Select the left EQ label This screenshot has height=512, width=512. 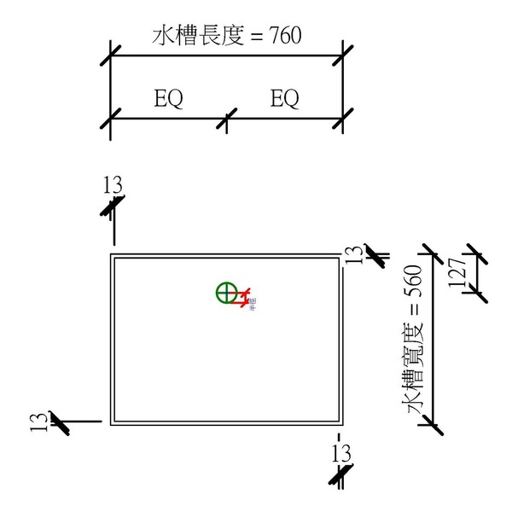coord(168,100)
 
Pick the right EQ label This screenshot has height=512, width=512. coord(285,100)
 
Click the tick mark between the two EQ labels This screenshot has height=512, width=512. coord(226,119)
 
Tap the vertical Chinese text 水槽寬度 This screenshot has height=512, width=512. coord(416,376)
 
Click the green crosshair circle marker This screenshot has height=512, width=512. coord(225,294)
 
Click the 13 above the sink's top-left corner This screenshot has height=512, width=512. coord(113,184)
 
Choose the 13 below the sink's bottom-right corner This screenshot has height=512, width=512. coord(341,453)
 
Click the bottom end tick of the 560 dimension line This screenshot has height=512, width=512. coord(433,424)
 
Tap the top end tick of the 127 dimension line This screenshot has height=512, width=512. coord(475,255)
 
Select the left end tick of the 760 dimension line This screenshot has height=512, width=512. coord(112,56)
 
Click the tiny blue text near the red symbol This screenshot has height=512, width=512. coord(253,308)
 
